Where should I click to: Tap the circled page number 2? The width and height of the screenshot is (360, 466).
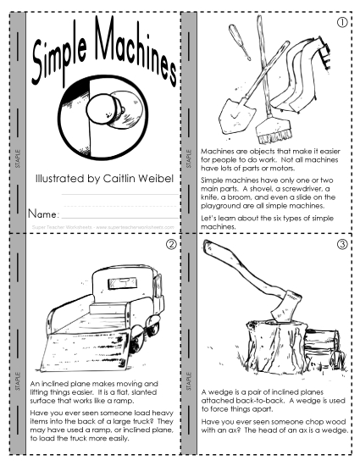click(171, 246)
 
